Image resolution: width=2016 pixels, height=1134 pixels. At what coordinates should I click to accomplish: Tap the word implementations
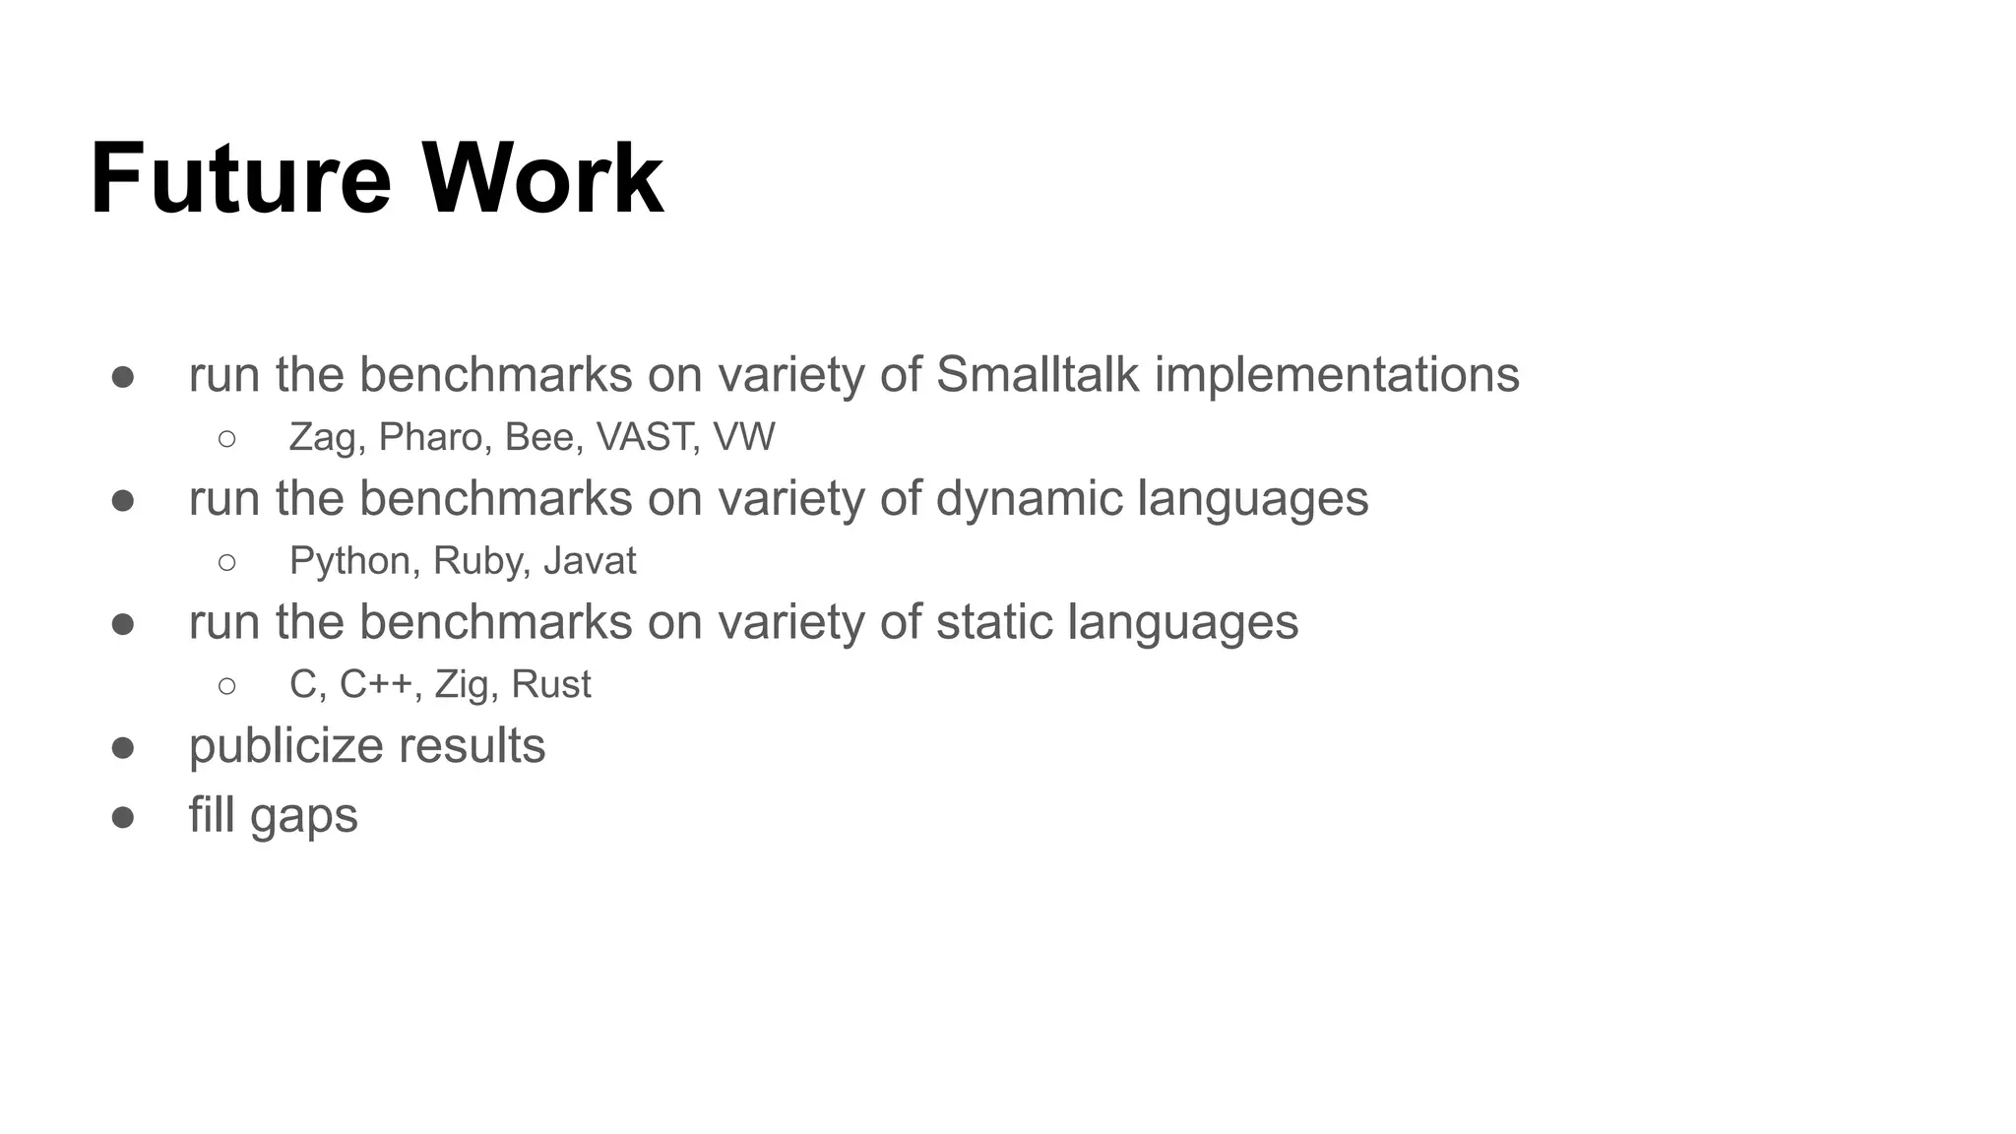coord(1337,375)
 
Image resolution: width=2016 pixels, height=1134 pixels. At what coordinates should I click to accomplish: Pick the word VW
coord(744,438)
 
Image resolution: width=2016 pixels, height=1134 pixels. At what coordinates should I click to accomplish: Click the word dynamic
coord(1029,498)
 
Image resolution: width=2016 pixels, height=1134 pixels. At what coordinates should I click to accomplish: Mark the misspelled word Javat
coord(590,561)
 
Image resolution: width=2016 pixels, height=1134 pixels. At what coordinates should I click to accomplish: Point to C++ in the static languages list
coord(375,684)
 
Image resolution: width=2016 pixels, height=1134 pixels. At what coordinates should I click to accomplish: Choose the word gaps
coord(303,817)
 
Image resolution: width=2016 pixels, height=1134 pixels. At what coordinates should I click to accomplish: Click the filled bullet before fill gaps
coord(123,817)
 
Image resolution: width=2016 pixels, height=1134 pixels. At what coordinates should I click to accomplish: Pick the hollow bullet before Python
coord(227,562)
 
